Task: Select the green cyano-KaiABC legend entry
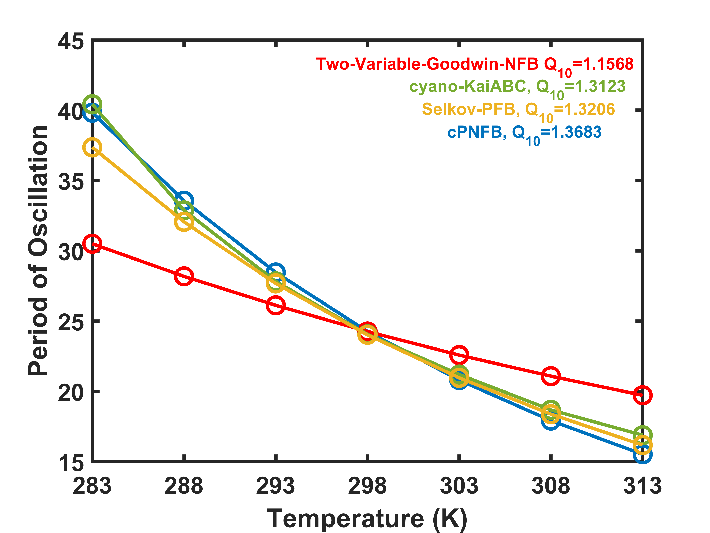(x=517, y=87)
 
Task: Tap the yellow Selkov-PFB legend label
(x=518, y=110)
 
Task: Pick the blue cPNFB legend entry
(x=524, y=133)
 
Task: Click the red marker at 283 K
(x=92, y=244)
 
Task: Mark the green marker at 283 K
(x=92, y=104)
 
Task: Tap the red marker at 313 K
(x=642, y=395)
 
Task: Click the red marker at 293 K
(x=275, y=305)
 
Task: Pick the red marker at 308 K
(x=551, y=376)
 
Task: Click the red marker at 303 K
(x=459, y=355)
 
